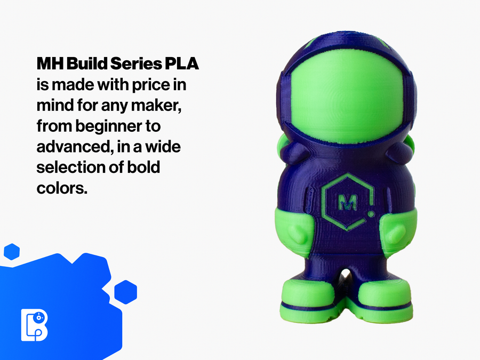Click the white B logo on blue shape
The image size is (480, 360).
[34, 324]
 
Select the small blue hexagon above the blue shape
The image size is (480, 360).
[12, 252]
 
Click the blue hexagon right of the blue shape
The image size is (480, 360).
[126, 292]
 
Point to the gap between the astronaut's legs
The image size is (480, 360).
[346, 278]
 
